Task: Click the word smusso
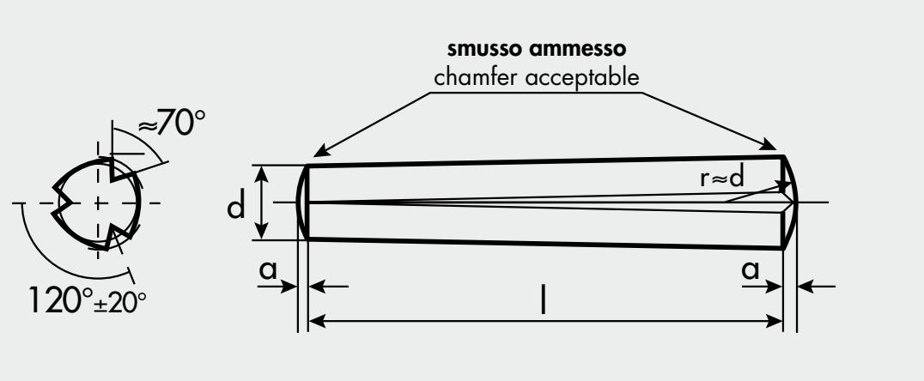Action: click(485, 50)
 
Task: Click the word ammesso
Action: click(577, 50)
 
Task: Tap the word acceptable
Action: click(582, 78)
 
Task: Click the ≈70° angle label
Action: click(172, 123)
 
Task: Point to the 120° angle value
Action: click(61, 299)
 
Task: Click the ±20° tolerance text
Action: click(120, 303)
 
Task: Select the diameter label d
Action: click(235, 208)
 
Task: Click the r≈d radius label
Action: click(722, 178)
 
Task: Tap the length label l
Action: click(544, 301)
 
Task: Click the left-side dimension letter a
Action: click(268, 269)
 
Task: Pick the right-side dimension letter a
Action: click(751, 269)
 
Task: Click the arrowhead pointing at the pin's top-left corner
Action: click(320, 152)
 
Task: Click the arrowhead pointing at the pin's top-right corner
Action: click(769, 144)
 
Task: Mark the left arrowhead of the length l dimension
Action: click(317, 321)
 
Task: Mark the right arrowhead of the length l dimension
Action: click(774, 321)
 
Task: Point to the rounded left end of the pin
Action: click(301, 203)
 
